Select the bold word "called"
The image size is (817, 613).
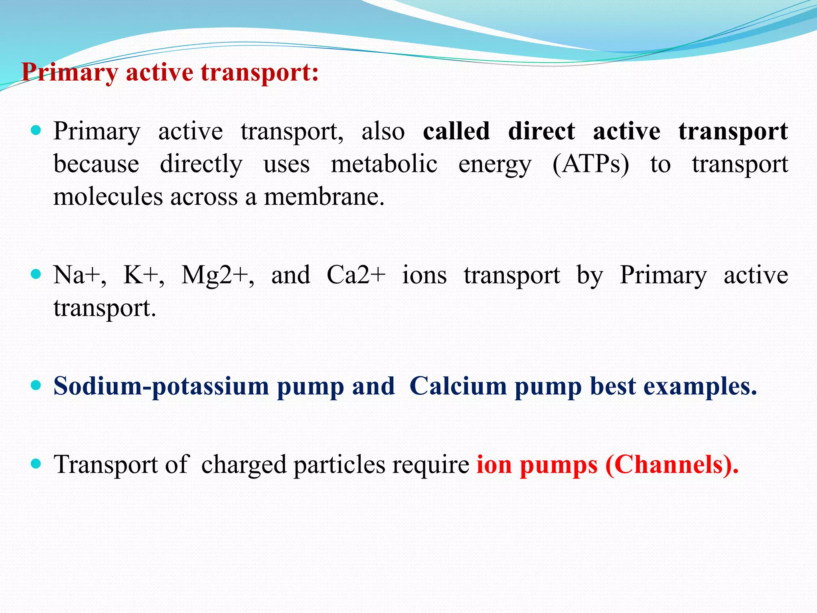pos(456,131)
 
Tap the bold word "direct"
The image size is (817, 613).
pos(541,131)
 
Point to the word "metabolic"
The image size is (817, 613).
pos(384,164)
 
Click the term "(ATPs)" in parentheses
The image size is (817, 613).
pos(591,164)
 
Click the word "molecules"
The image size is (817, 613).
pos(108,197)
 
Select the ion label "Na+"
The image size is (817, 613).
pos(79,275)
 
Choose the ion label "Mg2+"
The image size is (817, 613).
pos(217,275)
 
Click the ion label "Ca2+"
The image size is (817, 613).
pos(356,275)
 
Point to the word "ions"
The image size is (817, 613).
pos(424,275)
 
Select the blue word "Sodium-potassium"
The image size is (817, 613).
pos(161,386)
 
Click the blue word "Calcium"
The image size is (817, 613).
pos(458,386)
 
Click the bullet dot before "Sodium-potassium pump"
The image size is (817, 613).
pos(36,385)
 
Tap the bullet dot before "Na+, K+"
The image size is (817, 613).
pos(36,274)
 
